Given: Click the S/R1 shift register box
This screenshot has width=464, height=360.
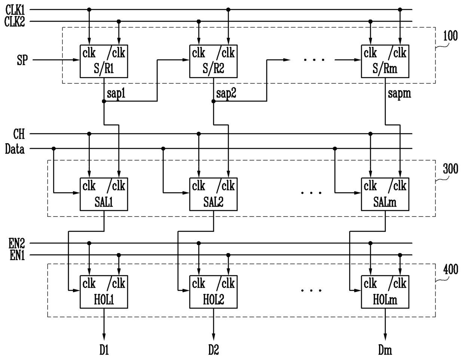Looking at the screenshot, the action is tap(104, 61).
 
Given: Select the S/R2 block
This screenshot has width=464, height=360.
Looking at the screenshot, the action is tap(213, 61).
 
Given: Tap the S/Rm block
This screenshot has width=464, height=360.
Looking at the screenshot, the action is tap(385, 61).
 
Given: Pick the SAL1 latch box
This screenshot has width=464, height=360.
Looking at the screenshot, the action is tap(104, 194).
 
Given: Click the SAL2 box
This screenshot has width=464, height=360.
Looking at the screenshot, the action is tap(213, 194).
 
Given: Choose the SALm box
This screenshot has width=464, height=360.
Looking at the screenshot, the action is tap(385, 194).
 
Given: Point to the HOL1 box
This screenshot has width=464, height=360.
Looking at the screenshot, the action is tap(104, 292).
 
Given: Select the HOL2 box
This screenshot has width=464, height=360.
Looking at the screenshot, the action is tap(213, 292).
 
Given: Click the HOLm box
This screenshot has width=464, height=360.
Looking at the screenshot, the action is tap(385, 292).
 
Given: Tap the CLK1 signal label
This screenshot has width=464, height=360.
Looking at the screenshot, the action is tap(15, 10).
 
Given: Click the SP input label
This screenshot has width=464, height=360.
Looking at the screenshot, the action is tap(22, 60).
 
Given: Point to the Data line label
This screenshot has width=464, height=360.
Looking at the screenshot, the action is tap(15, 149).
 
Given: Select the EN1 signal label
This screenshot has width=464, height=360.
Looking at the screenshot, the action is tap(17, 255).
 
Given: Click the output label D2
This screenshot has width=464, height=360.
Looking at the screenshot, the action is tap(214, 350).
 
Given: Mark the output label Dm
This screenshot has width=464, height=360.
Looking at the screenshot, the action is tap(385, 350).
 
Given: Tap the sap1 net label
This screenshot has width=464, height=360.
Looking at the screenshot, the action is tap(116, 93).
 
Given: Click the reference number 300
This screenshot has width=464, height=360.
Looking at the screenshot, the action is tap(450, 169).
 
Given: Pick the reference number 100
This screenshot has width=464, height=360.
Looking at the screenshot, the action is tap(450, 36).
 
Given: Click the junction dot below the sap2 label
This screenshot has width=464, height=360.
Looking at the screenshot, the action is tap(213, 101).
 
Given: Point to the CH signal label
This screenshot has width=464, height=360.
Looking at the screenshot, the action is tap(19, 134).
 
